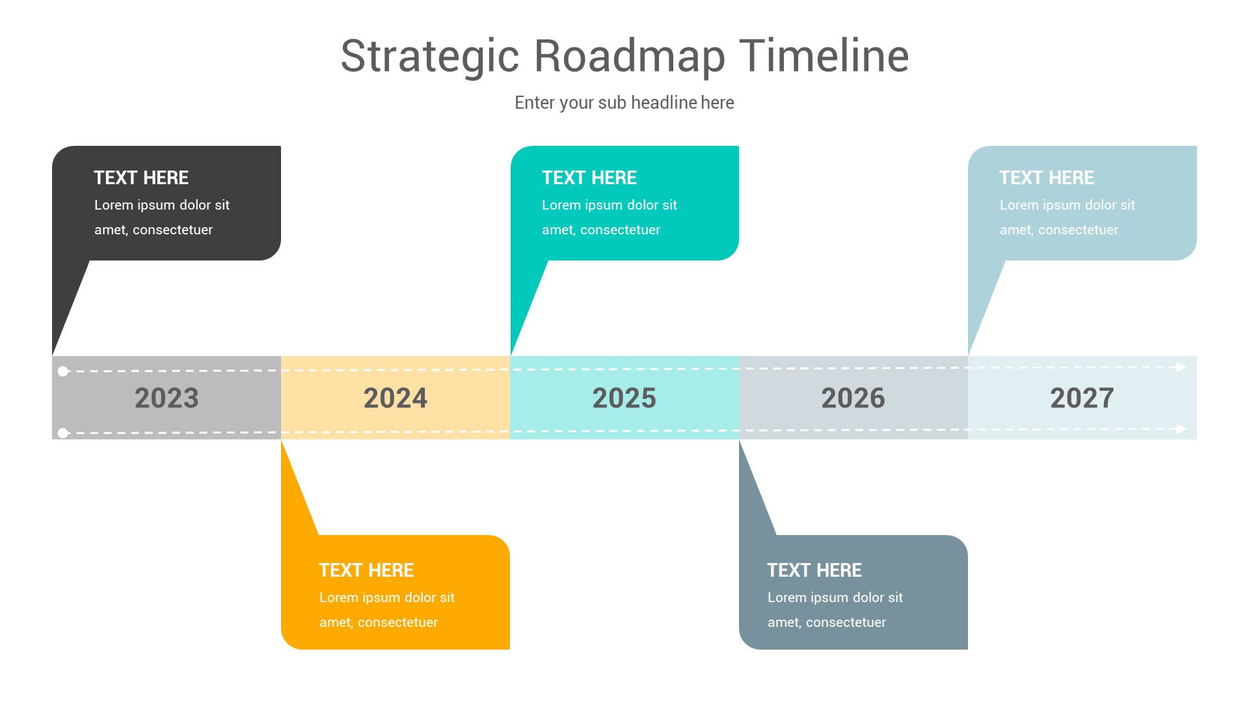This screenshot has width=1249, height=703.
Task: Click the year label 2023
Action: [x=167, y=398]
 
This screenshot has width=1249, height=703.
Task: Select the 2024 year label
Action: [x=396, y=398]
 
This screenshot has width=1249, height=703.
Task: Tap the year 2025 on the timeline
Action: [x=624, y=398]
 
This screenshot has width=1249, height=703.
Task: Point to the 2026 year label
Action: [x=853, y=398]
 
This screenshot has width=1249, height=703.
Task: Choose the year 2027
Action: [x=1082, y=398]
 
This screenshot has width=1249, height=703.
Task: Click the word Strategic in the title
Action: [x=429, y=57]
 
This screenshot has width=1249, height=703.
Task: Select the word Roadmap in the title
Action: [x=629, y=57]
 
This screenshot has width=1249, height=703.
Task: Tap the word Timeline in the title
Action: [x=824, y=57]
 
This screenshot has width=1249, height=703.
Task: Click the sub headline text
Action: [x=624, y=103]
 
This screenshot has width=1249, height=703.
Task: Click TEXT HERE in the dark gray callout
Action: [x=141, y=178]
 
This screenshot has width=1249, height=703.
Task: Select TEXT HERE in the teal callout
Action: [x=589, y=178]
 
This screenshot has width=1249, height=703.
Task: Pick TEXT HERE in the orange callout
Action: [x=366, y=570]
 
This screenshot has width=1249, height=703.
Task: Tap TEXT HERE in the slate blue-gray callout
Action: [x=814, y=570]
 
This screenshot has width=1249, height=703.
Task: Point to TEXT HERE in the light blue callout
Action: [x=1047, y=178]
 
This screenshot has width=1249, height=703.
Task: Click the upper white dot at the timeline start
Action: [x=63, y=372]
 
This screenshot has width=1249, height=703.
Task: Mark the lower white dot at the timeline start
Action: [x=63, y=433]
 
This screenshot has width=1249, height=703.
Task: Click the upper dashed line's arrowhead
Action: [x=1181, y=367]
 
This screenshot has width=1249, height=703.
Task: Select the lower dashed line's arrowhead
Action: [x=1181, y=428]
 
